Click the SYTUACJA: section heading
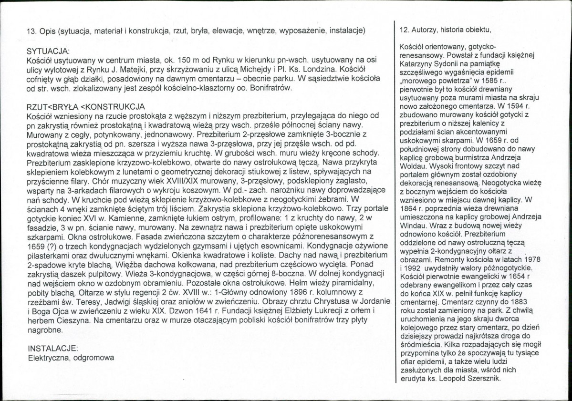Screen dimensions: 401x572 tap(49, 50)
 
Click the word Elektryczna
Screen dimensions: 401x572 tap(47, 357)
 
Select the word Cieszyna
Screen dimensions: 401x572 tap(74, 320)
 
